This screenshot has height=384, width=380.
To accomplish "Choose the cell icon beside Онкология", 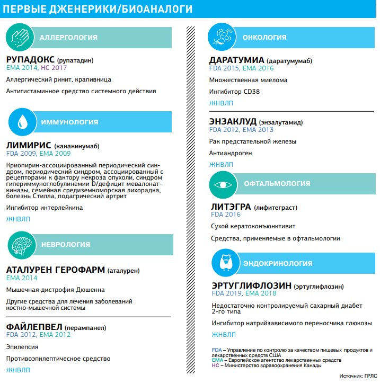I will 224,37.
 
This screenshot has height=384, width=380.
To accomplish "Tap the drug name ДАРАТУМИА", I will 236,60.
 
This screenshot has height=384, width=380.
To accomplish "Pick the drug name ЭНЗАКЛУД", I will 233,121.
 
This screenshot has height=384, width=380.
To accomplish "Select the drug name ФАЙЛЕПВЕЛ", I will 34,326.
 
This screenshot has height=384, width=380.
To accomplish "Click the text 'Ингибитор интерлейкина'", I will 45,208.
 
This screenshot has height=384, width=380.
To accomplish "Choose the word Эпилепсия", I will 22,347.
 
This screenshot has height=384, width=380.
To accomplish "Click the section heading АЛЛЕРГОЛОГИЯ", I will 68,37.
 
